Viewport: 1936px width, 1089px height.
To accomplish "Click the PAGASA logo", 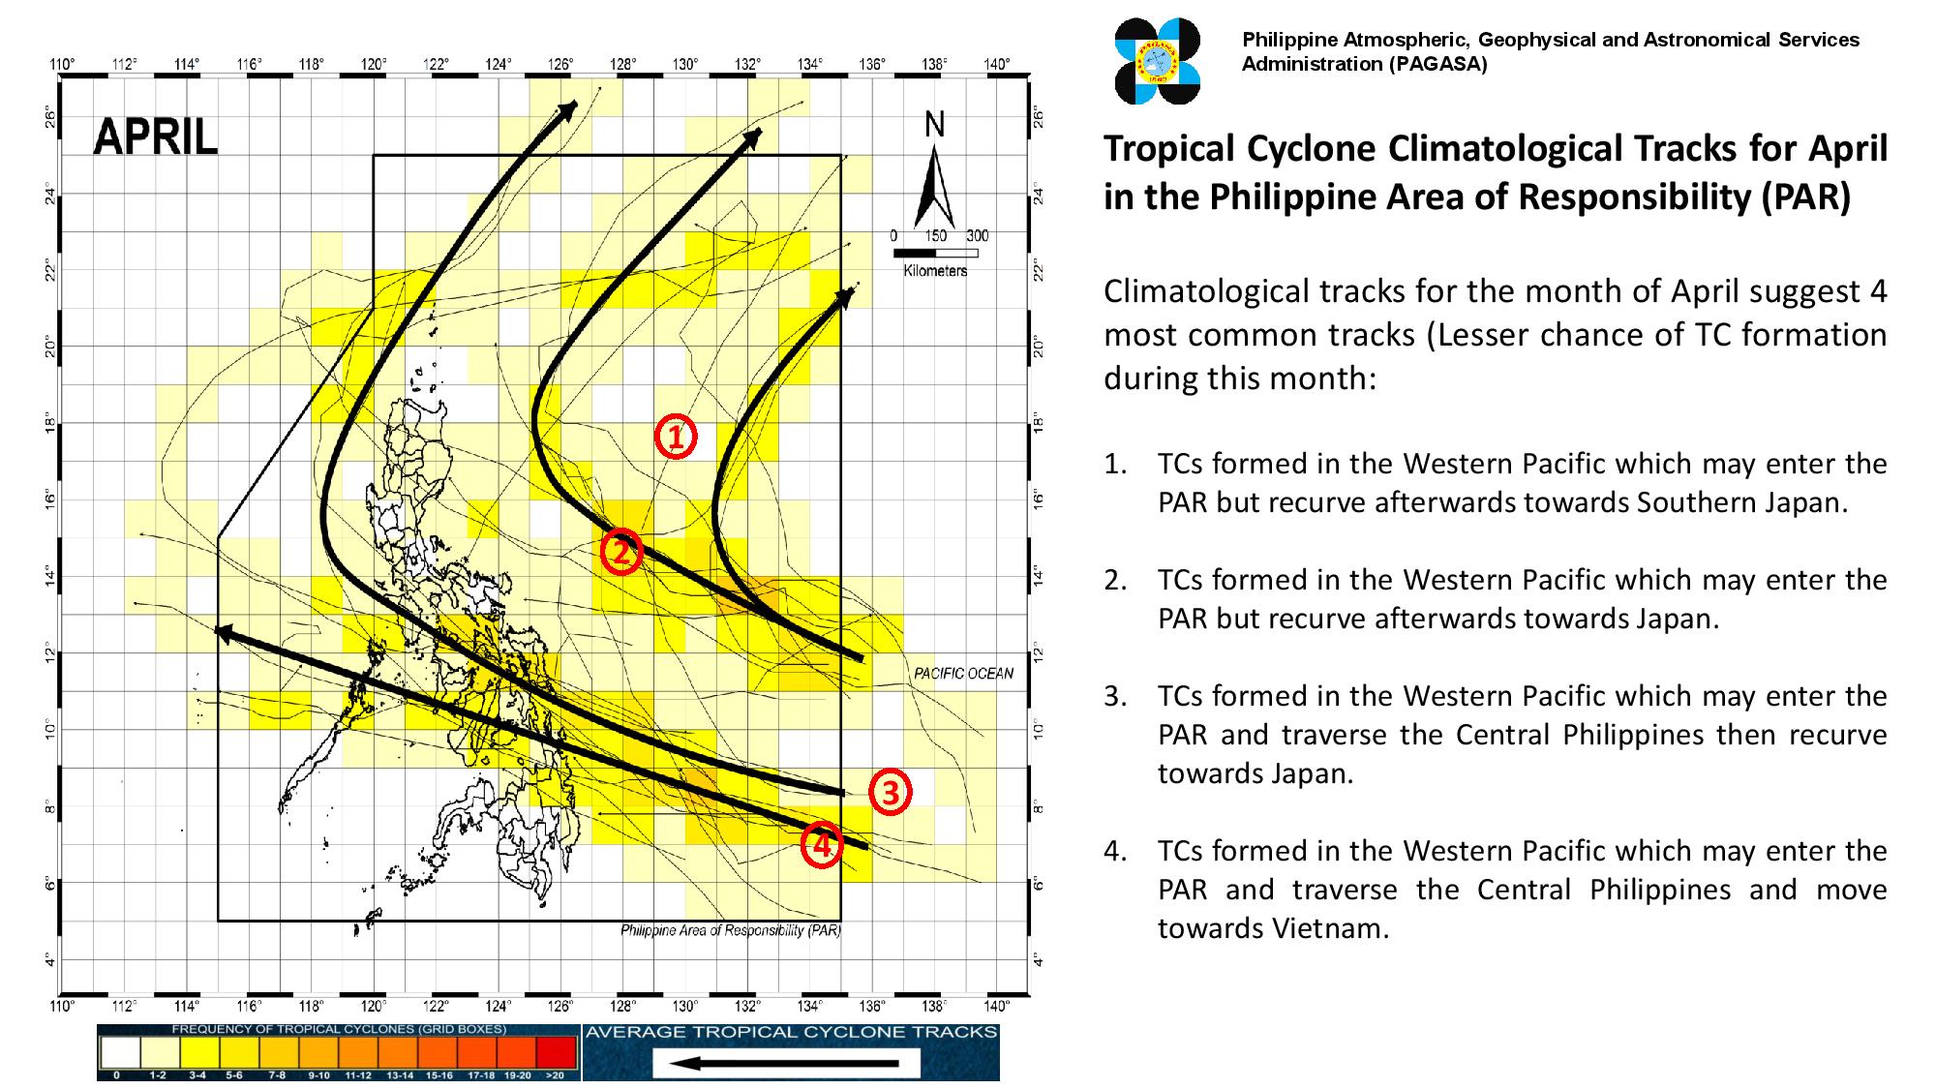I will pos(1158,60).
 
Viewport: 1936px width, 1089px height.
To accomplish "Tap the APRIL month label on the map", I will pos(155,138).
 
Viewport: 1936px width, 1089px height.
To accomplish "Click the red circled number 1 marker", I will pos(675,437).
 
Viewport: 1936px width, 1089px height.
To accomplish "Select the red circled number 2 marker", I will pos(620,552).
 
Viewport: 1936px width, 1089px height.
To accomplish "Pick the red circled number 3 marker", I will pos(890,792).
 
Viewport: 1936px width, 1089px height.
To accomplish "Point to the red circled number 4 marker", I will pos(821,846).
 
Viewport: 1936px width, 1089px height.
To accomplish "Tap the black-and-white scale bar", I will pos(935,253).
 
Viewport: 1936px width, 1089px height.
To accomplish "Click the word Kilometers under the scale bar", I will pos(935,271).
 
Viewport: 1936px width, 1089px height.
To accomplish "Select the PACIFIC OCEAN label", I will pos(963,674).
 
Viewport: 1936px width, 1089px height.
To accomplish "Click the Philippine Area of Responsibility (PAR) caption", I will pos(730,930).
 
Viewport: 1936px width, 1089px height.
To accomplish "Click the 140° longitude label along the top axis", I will pos(996,65).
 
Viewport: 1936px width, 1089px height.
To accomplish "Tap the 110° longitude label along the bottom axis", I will pos(61,1006).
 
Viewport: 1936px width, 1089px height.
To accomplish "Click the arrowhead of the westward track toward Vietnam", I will pos(223,632).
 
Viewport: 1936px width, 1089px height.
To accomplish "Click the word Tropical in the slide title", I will pos(1167,149).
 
